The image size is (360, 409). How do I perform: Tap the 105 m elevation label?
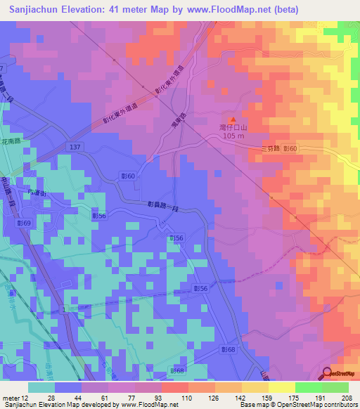pyautogui.click(x=233, y=136)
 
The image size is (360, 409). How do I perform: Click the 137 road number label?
pyautogui.click(x=75, y=146)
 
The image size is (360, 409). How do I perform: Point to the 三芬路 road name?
pyautogui.click(x=270, y=148)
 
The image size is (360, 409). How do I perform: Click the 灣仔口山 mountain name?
pyautogui.click(x=233, y=129)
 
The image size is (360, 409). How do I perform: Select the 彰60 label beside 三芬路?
pyautogui.click(x=291, y=148)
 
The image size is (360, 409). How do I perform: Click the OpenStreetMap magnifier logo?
pyautogui.click(x=328, y=373)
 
